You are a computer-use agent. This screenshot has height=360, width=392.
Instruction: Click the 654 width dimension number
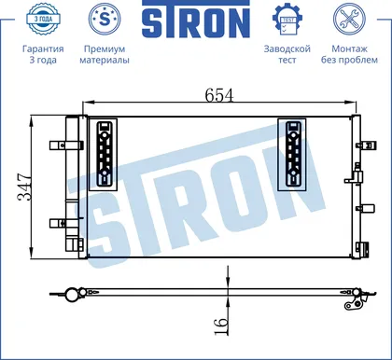coord(219,95)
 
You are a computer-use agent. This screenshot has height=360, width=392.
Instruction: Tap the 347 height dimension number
coord(24,187)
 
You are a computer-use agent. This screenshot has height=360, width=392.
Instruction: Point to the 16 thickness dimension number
coord(221,326)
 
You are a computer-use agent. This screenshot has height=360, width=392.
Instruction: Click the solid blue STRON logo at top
coord(196,19)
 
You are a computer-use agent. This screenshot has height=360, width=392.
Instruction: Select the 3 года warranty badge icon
coord(43,19)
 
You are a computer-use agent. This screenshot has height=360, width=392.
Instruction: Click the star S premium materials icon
coord(105,19)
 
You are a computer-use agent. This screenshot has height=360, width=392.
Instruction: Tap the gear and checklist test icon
coord(287,20)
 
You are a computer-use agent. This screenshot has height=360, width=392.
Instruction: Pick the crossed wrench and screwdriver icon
coord(349,19)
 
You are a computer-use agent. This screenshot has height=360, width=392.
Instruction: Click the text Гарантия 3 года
coord(43,54)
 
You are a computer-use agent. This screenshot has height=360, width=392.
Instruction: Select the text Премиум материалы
coord(105,54)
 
